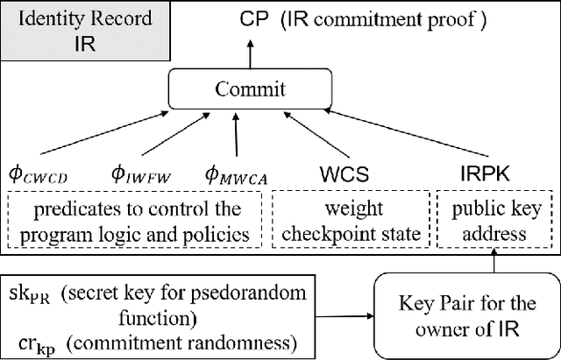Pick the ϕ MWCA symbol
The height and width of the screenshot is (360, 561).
point(234,176)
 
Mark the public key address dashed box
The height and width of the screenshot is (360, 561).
point(488,222)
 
